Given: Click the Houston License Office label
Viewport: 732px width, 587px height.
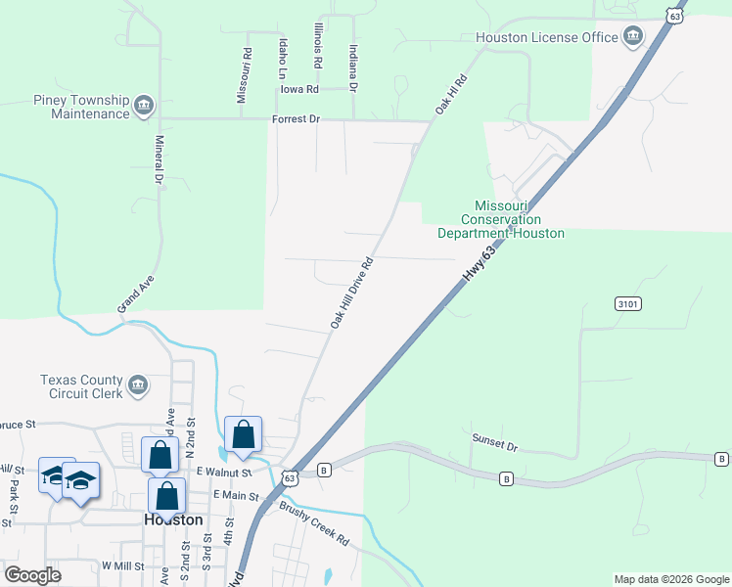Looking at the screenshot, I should [x=547, y=37].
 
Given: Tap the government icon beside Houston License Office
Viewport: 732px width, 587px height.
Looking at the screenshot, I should [x=633, y=37].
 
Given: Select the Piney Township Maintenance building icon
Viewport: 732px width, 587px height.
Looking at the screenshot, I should [x=144, y=105].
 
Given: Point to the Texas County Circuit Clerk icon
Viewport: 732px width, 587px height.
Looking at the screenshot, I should [x=138, y=384].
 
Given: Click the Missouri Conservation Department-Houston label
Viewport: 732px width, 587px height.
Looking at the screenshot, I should [x=501, y=220].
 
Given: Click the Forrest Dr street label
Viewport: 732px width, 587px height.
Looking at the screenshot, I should [x=296, y=120].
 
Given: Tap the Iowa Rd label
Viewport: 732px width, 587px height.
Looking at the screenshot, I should [x=299, y=89].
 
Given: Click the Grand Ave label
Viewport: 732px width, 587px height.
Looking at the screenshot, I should [x=136, y=293].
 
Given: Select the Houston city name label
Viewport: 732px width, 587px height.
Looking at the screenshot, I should [x=173, y=520].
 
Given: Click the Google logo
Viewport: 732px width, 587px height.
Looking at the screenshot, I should [x=32, y=575].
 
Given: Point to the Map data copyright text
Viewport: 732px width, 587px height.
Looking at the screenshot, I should [x=670, y=579].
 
